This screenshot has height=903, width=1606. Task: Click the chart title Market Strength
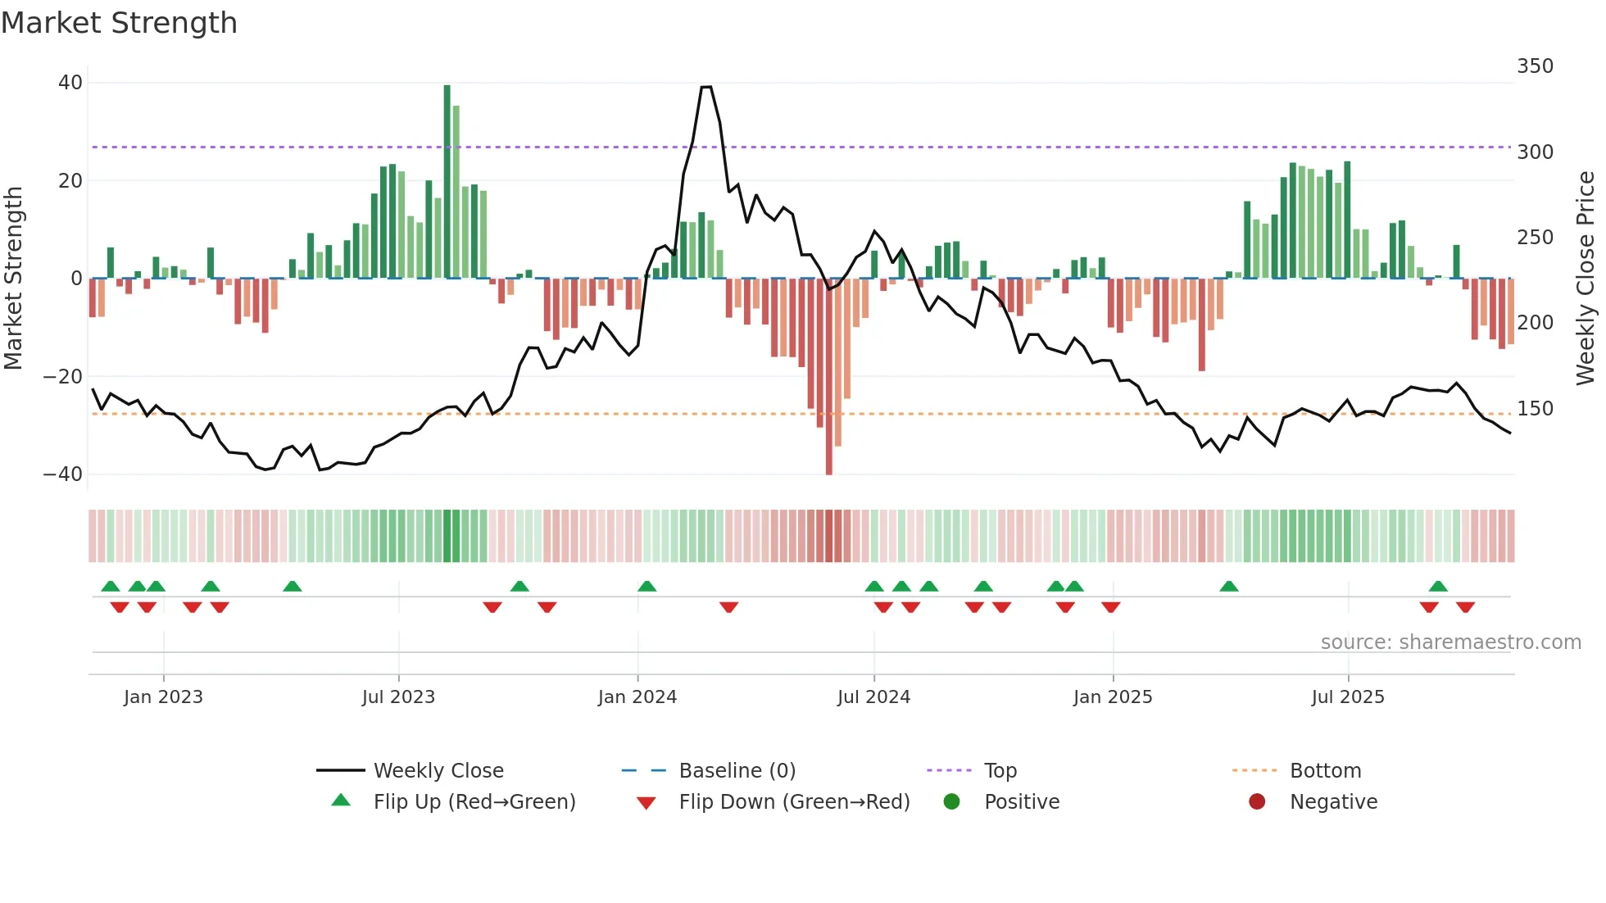(119, 23)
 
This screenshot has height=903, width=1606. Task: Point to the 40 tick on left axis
(70, 83)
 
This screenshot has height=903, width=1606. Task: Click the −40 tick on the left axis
(63, 474)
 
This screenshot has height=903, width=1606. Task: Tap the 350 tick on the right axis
(1535, 66)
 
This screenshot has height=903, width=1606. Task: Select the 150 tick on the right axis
(1535, 408)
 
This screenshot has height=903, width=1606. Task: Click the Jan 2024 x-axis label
(637, 697)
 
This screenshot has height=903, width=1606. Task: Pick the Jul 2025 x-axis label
(1348, 697)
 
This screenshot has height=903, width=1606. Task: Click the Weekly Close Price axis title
(1586, 279)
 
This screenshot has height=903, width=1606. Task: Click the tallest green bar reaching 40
(447, 180)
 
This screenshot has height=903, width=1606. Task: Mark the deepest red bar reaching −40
(829, 377)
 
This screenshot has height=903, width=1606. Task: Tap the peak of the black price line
(706, 87)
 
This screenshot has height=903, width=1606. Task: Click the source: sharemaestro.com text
(1450, 642)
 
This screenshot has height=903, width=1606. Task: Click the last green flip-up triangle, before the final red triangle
(1438, 586)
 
